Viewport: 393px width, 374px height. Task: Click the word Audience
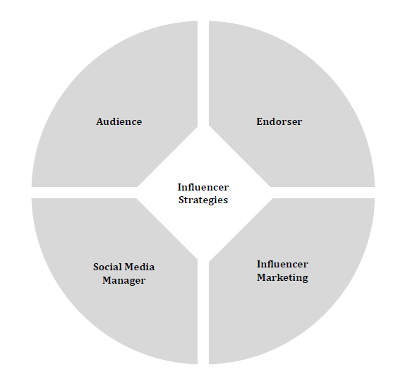click(x=119, y=121)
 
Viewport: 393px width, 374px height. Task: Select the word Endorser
click(x=279, y=121)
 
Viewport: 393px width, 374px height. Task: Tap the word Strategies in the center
click(x=203, y=200)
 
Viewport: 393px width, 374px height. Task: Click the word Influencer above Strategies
click(x=203, y=187)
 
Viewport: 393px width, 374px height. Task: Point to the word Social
click(x=107, y=267)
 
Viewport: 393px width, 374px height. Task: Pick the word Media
click(x=140, y=267)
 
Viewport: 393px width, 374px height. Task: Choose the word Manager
click(x=123, y=281)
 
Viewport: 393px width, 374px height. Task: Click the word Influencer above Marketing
click(x=282, y=264)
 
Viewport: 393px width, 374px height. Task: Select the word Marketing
click(x=282, y=278)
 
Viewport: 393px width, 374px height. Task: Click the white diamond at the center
click(x=203, y=221)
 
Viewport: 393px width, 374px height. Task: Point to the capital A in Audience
click(x=99, y=121)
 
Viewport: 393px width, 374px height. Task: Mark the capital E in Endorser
click(x=260, y=121)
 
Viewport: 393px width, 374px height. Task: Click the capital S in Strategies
click(x=181, y=200)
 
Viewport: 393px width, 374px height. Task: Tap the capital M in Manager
click(x=107, y=280)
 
